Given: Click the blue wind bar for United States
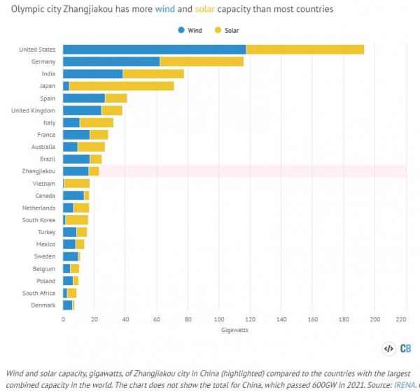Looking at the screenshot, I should tap(154, 49).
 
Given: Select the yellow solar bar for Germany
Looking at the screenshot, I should tap(202, 61).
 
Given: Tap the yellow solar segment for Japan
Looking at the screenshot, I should tap(122, 86).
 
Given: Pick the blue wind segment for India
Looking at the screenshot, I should tap(92, 73).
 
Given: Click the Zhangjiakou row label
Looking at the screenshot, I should tap(38, 171).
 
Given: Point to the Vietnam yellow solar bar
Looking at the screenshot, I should tap(77, 183).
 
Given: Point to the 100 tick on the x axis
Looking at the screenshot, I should tap(219, 319).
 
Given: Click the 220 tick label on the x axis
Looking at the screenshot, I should tap(401, 319).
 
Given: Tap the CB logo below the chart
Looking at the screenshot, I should tap(405, 348).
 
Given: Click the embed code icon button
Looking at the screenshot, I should tap(388, 348).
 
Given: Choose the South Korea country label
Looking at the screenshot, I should tap(39, 219).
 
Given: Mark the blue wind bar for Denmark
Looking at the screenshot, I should tap(67, 305).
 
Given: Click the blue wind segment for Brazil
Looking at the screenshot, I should tap(76, 159).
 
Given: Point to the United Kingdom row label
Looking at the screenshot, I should tap(34, 110).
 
